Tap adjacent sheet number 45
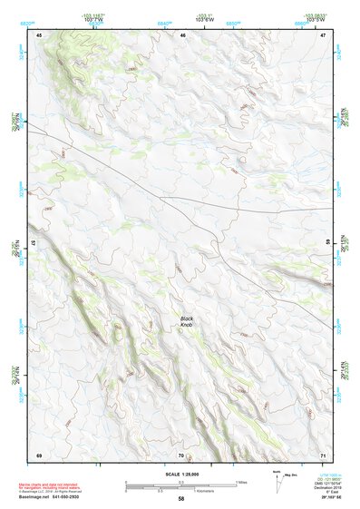point(39,34)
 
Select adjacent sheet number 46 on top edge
point(182,34)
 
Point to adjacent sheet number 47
point(323,34)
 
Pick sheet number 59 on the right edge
point(327,243)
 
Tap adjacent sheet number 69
point(39,454)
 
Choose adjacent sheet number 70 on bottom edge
point(181,454)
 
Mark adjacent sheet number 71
point(323,454)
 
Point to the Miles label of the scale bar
point(241,481)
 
